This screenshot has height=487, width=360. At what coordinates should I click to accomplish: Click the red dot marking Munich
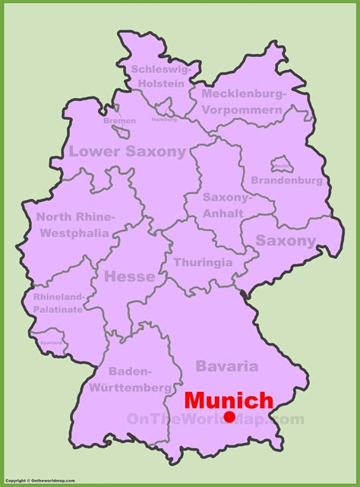pyautogui.click(x=229, y=416)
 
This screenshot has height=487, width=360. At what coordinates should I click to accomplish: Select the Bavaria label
pyautogui.click(x=226, y=366)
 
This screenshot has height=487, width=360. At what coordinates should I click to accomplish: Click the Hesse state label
pyautogui.click(x=129, y=277)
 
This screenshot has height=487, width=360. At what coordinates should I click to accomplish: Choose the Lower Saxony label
pyautogui.click(x=127, y=151)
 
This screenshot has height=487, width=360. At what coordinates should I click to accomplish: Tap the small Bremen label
pyautogui.click(x=121, y=121)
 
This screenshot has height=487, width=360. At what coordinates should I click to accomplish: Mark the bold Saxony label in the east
pyautogui.click(x=285, y=241)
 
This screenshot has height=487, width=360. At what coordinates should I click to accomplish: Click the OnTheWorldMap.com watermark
pyautogui.click(x=215, y=419)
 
